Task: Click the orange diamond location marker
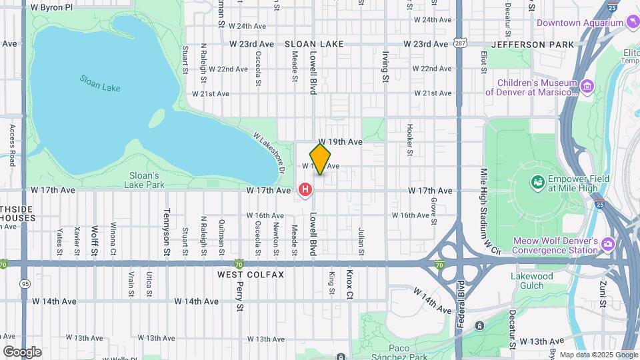(x=320, y=159)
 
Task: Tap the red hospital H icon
(x=305, y=191)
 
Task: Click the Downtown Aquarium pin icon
(x=632, y=23)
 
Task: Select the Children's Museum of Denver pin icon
(x=587, y=87)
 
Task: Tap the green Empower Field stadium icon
(x=537, y=181)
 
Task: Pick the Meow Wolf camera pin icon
(x=607, y=245)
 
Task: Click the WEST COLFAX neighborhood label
(x=251, y=275)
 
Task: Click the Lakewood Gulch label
(x=531, y=281)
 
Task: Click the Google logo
(x=22, y=351)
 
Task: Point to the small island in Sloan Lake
(x=157, y=119)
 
